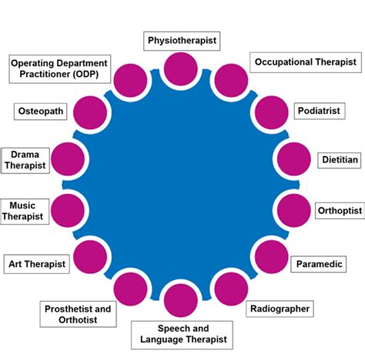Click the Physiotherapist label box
[182, 38]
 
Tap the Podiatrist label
[319, 111]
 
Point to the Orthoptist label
[336, 209]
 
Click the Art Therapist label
[36, 263]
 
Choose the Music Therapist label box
[25, 211]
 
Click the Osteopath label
[40, 111]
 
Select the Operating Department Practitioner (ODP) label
[59, 68]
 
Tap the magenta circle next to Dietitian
[293, 160]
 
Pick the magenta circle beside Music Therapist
[69, 209]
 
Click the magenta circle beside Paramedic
[271, 257]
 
